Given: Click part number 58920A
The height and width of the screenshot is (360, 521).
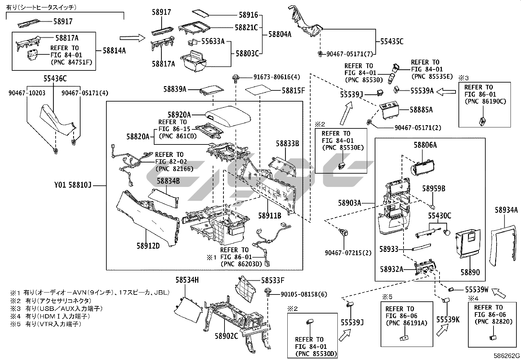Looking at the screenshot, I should pyautogui.click(x=179, y=115).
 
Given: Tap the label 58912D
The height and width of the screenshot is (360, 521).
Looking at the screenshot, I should pyautogui.click(x=148, y=246).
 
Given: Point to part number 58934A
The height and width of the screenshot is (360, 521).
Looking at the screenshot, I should pyautogui.click(x=506, y=210).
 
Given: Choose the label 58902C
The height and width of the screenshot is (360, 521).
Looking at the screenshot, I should pyautogui.click(x=226, y=336).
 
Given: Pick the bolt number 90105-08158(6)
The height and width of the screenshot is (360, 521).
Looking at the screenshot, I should pyautogui.click(x=304, y=294).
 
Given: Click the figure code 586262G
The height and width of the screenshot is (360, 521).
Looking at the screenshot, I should pyautogui.click(x=507, y=356).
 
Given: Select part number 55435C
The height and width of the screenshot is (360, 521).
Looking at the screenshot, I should pyautogui.click(x=392, y=42).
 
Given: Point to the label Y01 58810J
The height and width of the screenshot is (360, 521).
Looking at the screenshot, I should pyautogui.click(x=72, y=186).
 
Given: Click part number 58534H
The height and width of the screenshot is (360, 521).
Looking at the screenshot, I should pyautogui.click(x=187, y=280).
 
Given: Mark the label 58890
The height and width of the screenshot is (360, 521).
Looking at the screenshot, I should pyautogui.click(x=470, y=272).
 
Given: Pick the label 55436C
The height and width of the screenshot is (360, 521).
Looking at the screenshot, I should pyautogui.click(x=55, y=79).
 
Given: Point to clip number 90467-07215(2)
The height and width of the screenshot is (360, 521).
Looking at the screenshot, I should pyautogui.click(x=348, y=253).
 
